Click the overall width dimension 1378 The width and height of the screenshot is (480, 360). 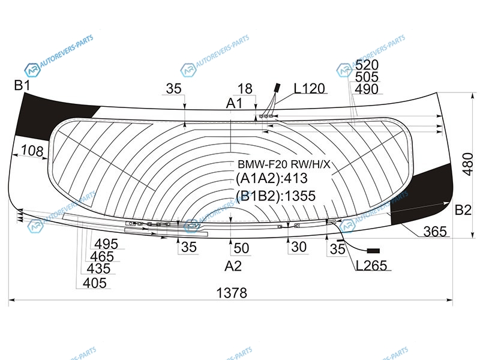[x=232, y=293]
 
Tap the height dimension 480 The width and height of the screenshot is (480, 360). [x=468, y=164]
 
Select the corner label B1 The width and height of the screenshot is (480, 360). [x=22, y=85]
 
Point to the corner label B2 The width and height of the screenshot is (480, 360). [x=463, y=210]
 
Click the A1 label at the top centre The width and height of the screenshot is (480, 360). [x=234, y=103]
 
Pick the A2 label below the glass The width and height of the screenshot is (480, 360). [x=233, y=266]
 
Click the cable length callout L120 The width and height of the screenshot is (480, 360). [x=309, y=89]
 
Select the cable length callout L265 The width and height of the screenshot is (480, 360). [x=371, y=265]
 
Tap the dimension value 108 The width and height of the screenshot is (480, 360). [x=32, y=151]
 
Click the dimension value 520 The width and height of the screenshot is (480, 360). [x=367, y=65]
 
